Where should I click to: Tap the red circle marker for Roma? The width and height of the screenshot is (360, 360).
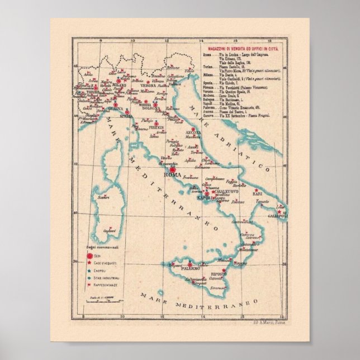(x=173, y=169)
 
